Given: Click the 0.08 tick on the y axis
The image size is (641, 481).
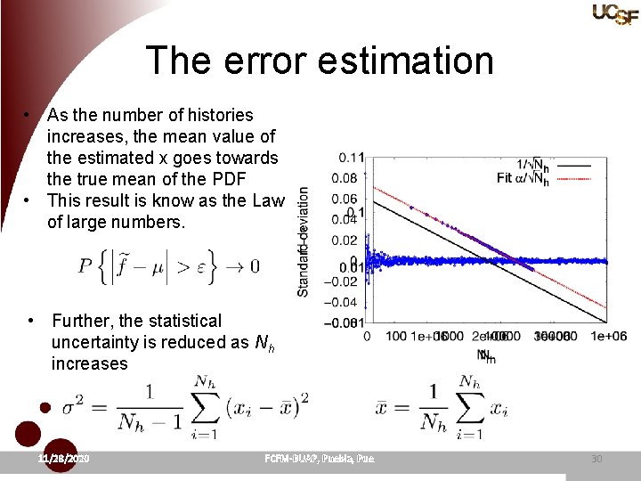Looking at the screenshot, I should (348, 178).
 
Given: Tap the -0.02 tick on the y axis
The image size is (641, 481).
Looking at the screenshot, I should (345, 281).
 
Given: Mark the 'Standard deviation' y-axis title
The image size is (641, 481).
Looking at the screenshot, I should (304, 240).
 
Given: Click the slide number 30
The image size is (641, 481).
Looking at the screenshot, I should (596, 458).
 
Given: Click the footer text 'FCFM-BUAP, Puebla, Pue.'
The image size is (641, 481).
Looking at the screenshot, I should (320, 458).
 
